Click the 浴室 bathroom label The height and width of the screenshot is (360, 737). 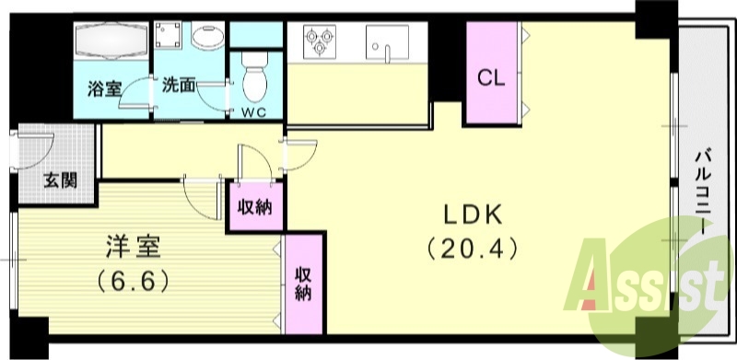(x=104, y=88)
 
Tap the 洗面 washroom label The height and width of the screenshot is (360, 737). (x=179, y=86)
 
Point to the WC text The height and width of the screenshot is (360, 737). (x=254, y=112)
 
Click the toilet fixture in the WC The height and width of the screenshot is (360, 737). (x=255, y=77)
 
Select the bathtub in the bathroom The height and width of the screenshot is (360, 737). (x=111, y=41)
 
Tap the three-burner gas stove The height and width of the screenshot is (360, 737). (x=320, y=41)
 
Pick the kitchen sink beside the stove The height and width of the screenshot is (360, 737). (x=387, y=42)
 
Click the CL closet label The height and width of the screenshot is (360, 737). (x=491, y=78)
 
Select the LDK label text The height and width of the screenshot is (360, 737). (x=473, y=215)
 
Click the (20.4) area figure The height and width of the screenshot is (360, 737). (x=473, y=249)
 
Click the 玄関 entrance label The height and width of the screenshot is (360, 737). (x=60, y=180)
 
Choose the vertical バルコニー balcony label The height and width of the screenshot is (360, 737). (x=703, y=192)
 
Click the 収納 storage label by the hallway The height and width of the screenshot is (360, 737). (x=255, y=207)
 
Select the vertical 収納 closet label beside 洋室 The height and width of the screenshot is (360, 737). (x=303, y=283)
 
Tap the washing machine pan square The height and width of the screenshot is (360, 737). (x=168, y=34)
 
